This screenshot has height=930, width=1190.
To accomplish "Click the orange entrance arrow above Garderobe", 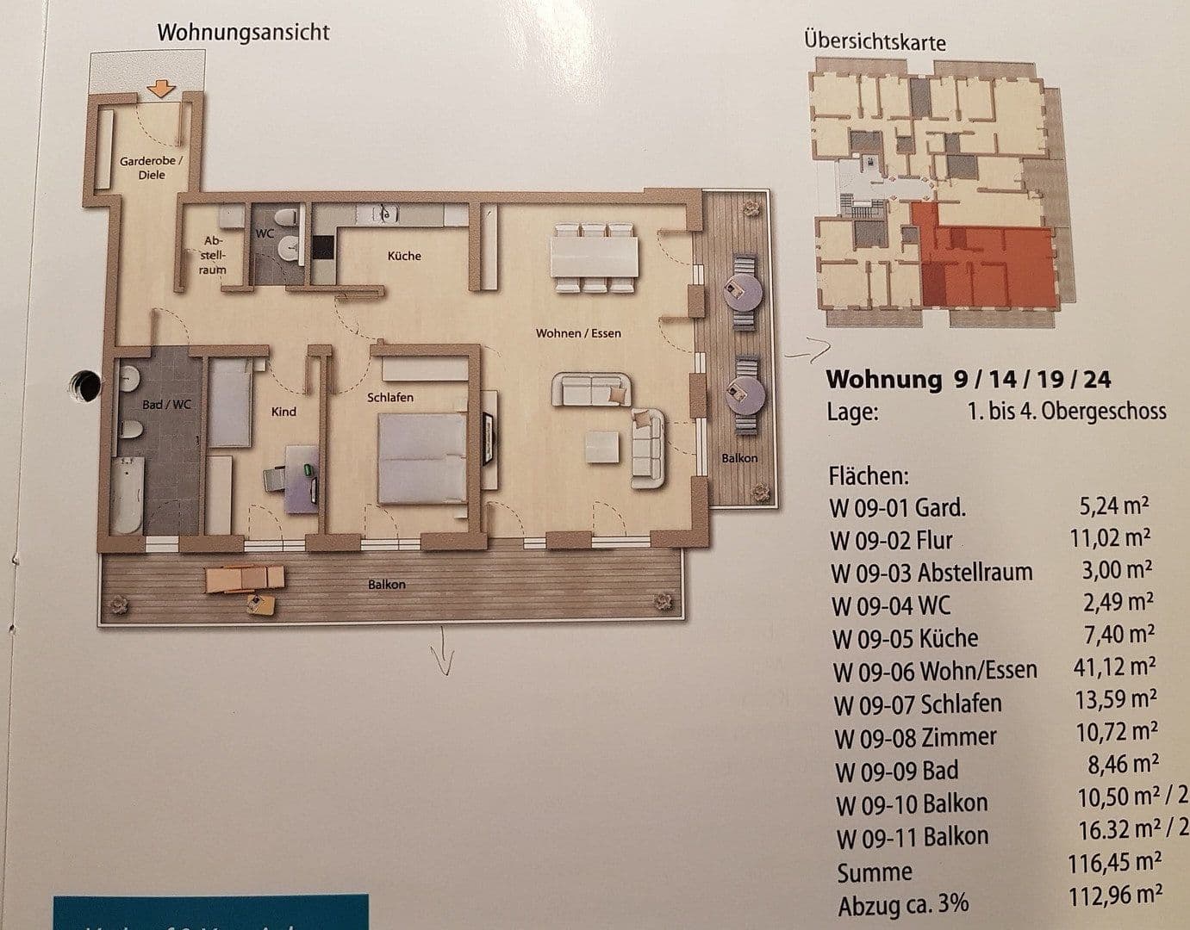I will (161, 88).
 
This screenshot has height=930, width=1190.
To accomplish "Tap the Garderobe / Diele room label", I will (151, 168).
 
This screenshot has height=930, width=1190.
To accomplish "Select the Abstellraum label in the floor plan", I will (213, 255).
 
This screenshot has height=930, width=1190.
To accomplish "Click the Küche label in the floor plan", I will (404, 256).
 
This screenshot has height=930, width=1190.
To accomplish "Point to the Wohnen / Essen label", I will (577, 333).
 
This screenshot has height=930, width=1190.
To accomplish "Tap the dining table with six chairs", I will (595, 256).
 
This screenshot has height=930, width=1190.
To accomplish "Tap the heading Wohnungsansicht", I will (243, 34).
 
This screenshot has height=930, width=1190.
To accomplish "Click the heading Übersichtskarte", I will (875, 40).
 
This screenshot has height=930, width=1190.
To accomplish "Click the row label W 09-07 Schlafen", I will (918, 704).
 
